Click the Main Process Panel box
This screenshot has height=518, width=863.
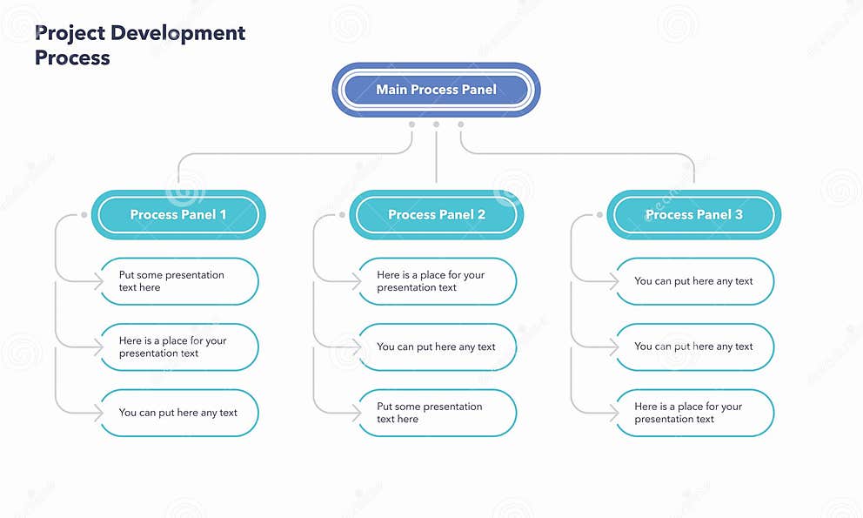coord(436,90)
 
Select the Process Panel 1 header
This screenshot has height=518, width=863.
coord(178,214)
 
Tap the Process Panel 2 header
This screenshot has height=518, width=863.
coord(436,214)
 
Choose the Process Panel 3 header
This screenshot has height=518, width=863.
coord(693,214)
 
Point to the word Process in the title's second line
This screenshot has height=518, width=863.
coord(72,58)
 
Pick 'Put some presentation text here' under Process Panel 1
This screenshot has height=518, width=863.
coord(179,281)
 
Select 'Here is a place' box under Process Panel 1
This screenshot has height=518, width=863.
coord(179,347)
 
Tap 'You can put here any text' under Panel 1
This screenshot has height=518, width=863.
coord(179,413)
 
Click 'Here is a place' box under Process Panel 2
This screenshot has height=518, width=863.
coord(437,281)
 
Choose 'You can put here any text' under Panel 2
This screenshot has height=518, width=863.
coord(437,347)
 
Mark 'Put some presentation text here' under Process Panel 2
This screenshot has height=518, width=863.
coord(437,413)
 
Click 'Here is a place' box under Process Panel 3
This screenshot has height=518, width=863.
coord(694,413)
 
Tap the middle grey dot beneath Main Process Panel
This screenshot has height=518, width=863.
coord(436,124)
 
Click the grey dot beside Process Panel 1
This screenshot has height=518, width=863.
coord(84,214)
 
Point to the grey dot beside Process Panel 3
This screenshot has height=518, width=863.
coord(599,214)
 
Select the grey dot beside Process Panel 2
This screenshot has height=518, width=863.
coord(342,214)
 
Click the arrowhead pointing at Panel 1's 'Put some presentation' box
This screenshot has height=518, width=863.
coord(97,281)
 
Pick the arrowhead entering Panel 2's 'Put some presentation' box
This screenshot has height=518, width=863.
coord(355,413)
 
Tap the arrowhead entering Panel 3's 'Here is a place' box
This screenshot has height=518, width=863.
coord(612,413)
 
